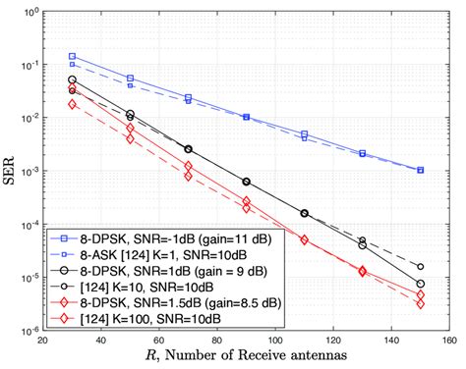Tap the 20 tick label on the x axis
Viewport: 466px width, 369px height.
[43, 341]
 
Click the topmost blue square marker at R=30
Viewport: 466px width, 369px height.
[73, 57]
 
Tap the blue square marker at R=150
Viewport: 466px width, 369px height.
[420, 170]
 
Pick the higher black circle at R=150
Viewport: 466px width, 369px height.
[420, 266]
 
